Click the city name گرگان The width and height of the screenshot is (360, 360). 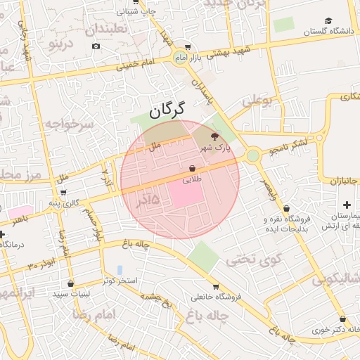(167, 109)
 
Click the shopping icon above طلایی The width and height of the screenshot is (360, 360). (192, 169)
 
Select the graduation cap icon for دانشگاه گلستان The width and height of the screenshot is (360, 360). (328, 20)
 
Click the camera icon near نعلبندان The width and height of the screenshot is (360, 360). (96, 46)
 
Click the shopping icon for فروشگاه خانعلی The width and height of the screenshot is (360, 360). (215, 286)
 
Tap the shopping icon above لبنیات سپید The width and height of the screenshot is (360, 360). (70, 284)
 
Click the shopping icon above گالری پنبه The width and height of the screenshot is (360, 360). (64, 193)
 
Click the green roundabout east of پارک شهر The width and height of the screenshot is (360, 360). (252, 155)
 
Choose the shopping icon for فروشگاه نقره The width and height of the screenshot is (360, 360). (287, 209)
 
